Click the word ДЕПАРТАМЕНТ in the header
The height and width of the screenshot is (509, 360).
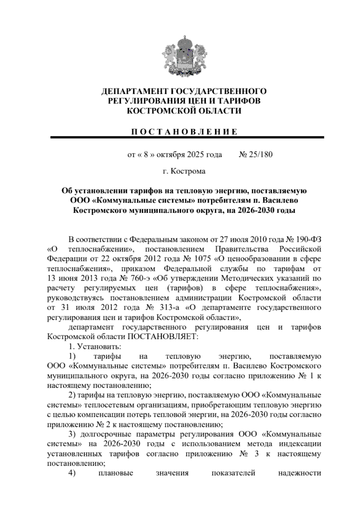131,91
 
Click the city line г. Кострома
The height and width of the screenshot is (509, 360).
184,171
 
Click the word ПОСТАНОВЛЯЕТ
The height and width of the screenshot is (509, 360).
163,337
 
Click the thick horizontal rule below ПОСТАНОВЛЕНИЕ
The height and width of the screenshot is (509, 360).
187,137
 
